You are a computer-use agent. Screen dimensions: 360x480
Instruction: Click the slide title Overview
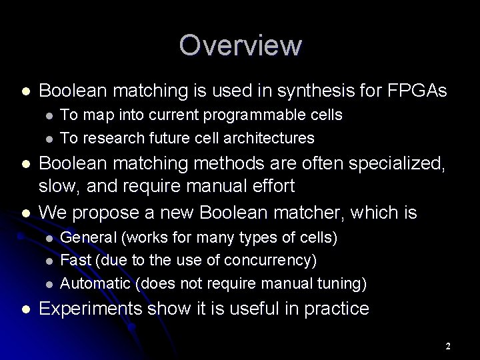click(x=240, y=45)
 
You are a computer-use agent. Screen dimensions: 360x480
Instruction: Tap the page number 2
click(x=448, y=346)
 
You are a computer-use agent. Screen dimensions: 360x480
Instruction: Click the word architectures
click(x=273, y=138)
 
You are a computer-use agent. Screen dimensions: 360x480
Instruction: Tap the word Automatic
click(x=96, y=284)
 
